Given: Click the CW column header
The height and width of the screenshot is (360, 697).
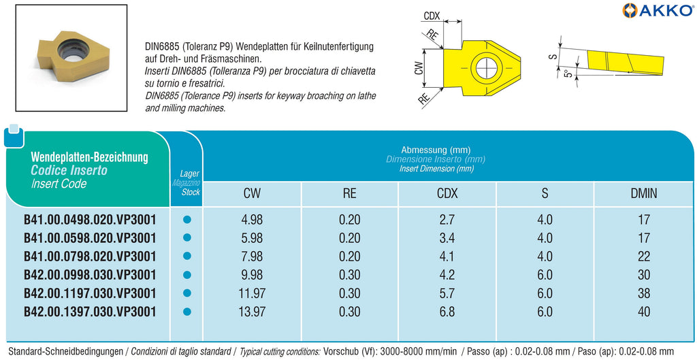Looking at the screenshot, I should coord(252,193).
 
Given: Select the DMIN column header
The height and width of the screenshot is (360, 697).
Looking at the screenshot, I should coord(644,193).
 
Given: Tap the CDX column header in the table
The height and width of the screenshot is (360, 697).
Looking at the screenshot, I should coord(447,193).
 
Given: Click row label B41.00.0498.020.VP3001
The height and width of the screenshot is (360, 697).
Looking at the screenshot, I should coord(91,220).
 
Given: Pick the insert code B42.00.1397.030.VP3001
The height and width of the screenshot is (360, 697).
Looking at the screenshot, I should coord(91,312).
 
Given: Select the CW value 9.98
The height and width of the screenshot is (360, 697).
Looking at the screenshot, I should coord(252,275).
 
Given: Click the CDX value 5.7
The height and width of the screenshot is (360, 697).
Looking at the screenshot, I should coord(447,293).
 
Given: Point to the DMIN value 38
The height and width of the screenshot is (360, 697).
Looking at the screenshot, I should coord(644,293).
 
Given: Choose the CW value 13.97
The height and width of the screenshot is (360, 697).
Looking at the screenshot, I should coord(252,312).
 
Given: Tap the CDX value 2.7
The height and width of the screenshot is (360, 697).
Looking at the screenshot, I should coord(447,220).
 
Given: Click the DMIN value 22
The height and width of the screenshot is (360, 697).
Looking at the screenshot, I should coord(644,257).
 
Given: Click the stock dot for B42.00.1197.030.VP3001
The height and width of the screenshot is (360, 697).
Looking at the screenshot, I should coord(187,293).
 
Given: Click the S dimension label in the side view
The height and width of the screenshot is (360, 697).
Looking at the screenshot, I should coord(553,56).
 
